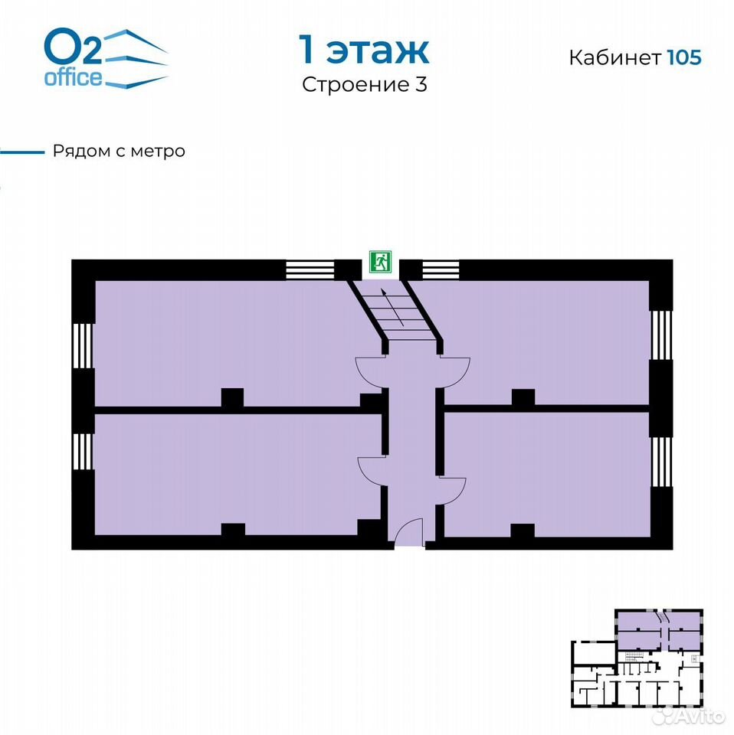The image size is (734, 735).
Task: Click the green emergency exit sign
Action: (x=380, y=262)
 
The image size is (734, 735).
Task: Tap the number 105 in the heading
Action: (x=684, y=57)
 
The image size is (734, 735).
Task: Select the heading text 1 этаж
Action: (x=364, y=50)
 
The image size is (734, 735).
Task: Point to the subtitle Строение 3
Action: (x=365, y=84)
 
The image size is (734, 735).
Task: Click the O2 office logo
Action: (x=106, y=58)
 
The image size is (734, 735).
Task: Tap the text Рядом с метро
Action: (x=119, y=151)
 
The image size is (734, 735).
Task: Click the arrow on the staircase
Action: (x=392, y=308)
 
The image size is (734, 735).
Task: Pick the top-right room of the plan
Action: (x=544, y=342)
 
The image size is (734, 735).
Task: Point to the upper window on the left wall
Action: (x=83, y=345)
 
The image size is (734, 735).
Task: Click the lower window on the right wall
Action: (x=661, y=462)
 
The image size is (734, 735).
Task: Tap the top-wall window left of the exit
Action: (x=310, y=270)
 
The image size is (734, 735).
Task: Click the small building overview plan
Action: (x=637, y=658)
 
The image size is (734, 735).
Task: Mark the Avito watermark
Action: (x=690, y=715)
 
